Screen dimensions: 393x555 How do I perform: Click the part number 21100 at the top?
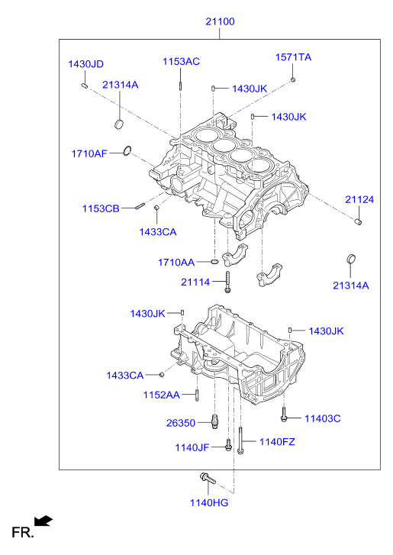[220, 21]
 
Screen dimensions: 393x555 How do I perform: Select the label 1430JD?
[85, 64]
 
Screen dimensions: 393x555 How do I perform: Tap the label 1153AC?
[181, 62]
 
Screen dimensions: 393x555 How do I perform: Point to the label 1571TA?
[293, 57]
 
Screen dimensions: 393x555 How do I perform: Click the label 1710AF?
[89, 153]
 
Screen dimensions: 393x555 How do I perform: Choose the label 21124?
[359, 199]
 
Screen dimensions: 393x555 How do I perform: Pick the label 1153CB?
[101, 208]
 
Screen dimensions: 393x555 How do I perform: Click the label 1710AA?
[176, 263]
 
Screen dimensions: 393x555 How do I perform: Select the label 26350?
[181, 423]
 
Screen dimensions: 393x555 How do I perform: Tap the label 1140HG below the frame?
[209, 502]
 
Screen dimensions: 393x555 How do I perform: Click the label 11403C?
[323, 418]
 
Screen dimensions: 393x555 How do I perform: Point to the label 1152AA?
[161, 395]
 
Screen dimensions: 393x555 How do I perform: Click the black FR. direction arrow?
[43, 521]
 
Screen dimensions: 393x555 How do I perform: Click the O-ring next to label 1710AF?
[127, 151]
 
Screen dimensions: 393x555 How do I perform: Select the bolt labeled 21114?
[227, 282]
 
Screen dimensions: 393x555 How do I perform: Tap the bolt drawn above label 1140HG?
[208, 478]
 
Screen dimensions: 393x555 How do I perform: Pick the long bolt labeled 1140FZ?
[240, 440]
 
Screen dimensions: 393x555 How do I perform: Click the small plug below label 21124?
[358, 222]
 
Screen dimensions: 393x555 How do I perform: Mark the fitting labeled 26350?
[214, 421]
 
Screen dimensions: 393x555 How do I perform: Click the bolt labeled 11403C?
[283, 415]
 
